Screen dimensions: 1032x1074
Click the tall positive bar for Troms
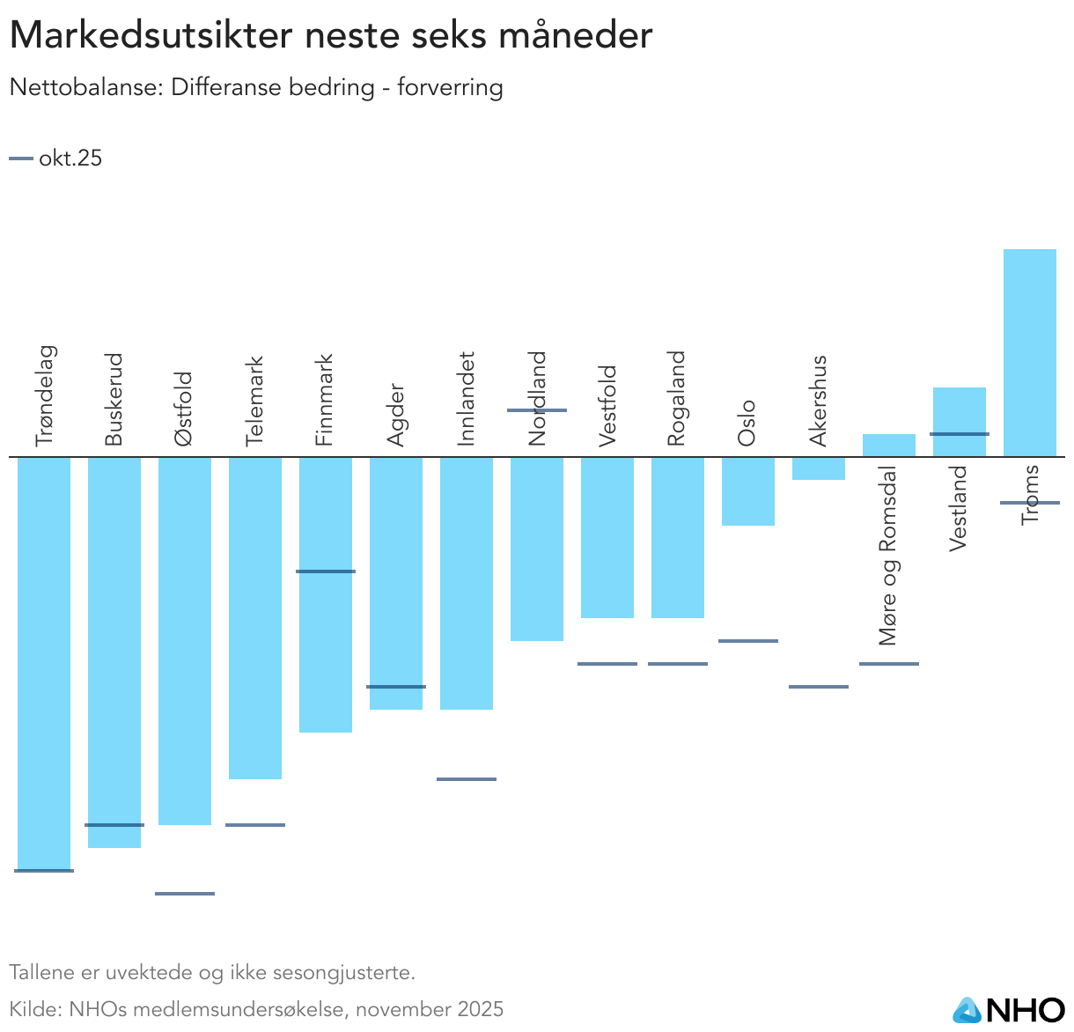coord(1029,352)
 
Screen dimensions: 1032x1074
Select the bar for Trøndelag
coord(44,660)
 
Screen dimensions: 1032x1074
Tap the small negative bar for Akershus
coord(819,468)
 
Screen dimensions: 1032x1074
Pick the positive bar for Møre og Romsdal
coord(888,446)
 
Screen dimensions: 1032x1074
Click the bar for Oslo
coord(748,491)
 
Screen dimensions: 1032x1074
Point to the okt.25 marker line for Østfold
coord(185,894)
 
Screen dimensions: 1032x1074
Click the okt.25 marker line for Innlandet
coord(467,779)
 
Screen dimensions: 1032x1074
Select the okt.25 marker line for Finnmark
coord(326,571)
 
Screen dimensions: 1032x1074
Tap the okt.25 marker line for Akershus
coord(819,687)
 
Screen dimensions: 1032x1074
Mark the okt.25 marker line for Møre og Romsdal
coord(889,664)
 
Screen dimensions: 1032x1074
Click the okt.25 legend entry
coord(56,158)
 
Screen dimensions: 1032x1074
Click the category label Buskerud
coord(114,400)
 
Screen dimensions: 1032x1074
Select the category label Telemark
coord(254,401)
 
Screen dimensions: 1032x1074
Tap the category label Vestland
coord(959,508)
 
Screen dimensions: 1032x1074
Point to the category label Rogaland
coord(676,398)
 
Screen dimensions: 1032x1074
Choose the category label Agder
coord(395,415)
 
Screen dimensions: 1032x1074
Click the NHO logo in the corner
coord(1009,1009)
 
